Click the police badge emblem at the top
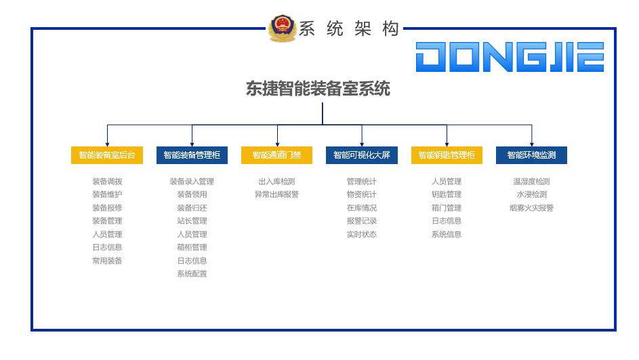(282, 29)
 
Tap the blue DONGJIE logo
(510, 57)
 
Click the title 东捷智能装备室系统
(318, 89)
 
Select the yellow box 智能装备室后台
(107, 155)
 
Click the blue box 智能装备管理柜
(192, 155)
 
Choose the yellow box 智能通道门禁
(276, 155)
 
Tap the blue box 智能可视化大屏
(361, 155)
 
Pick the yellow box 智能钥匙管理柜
(447, 155)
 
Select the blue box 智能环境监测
(531, 155)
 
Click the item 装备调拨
(107, 182)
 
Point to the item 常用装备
(107, 261)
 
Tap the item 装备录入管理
(192, 182)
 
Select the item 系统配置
(192, 274)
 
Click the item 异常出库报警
(276, 195)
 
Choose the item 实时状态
(361, 235)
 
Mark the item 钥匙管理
(447, 195)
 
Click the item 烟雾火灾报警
(531, 208)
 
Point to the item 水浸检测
(531, 195)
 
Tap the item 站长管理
(192, 221)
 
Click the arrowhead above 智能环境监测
(531, 143)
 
